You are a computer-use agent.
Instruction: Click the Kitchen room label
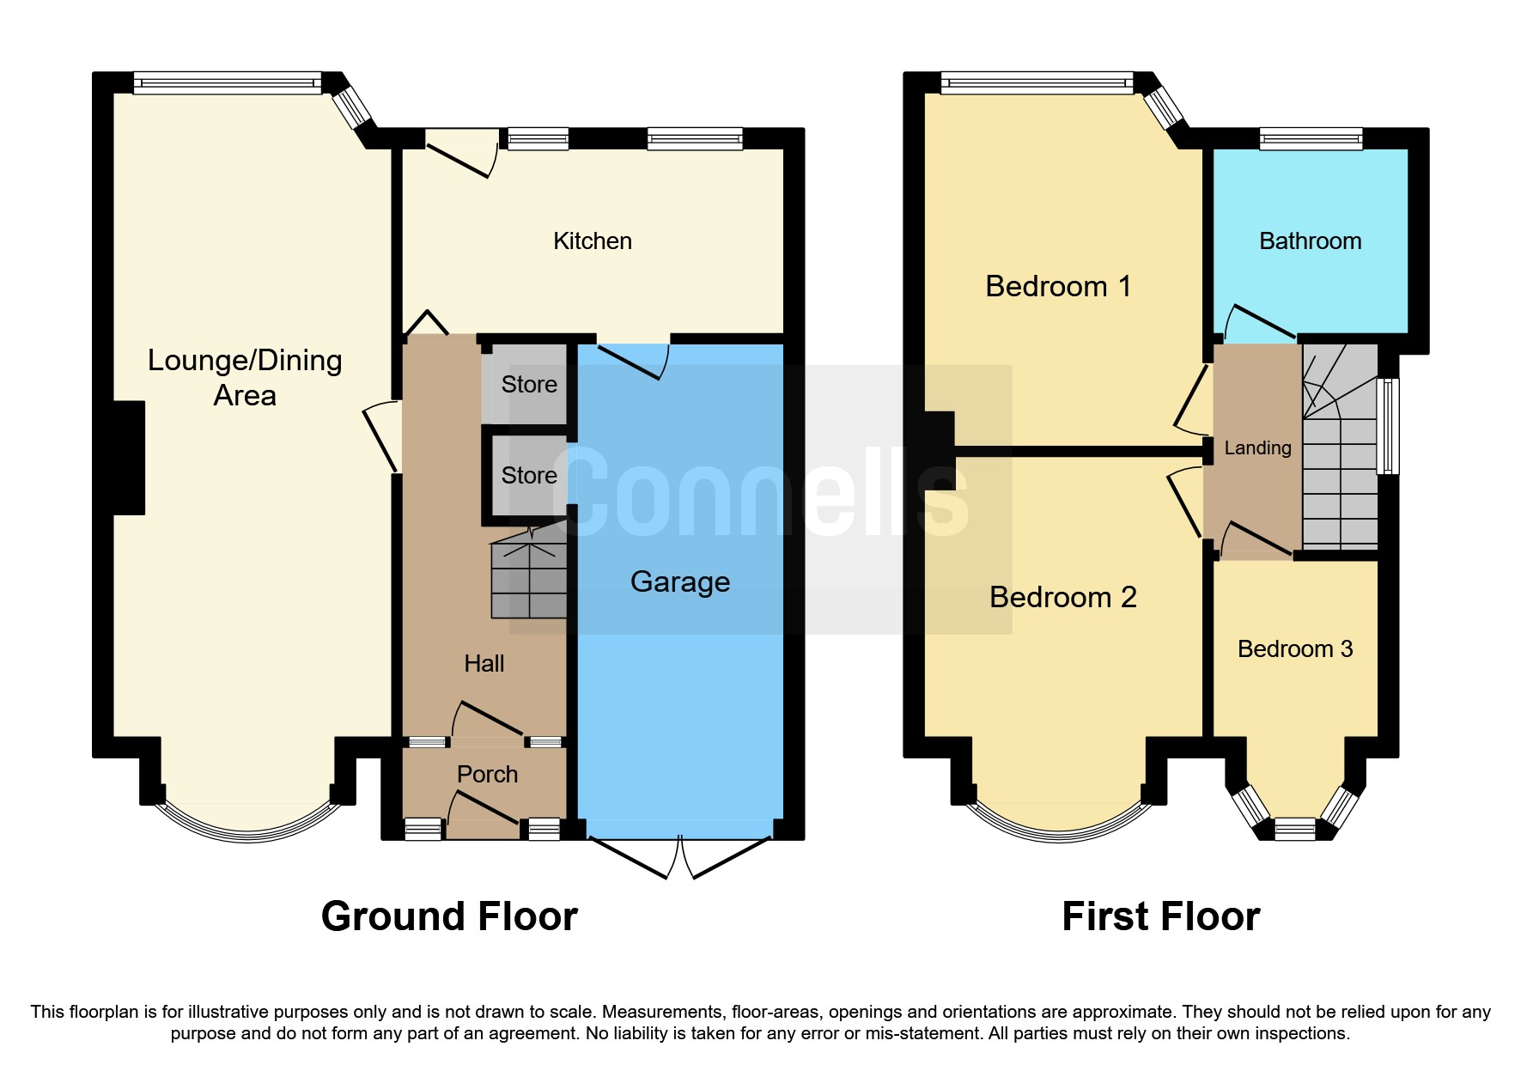592,241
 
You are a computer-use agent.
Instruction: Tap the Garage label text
680,582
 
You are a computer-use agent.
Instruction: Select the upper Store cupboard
528,384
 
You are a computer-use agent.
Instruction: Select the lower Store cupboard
528,475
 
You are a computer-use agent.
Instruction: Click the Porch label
487,775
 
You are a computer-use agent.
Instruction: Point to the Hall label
484,664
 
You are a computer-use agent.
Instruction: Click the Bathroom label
1310,241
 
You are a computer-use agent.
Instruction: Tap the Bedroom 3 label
1294,649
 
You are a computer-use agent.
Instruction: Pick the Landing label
1256,448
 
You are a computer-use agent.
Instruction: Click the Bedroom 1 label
1057,287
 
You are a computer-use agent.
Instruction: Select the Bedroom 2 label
1062,598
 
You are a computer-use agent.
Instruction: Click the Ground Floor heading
449,916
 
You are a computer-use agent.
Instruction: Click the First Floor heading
1160,916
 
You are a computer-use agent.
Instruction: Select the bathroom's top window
1310,138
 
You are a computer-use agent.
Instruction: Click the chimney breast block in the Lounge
129,458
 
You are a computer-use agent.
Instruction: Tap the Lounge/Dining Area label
245,378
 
